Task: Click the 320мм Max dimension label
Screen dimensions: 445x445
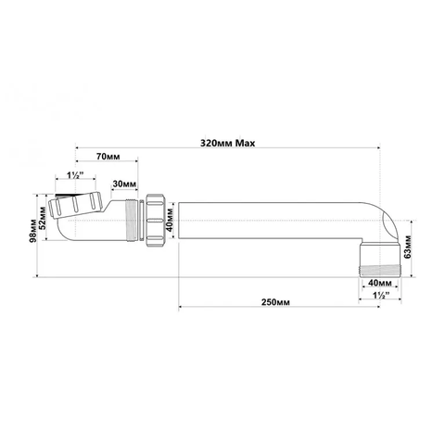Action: tap(228, 144)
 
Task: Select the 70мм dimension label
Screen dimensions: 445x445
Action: tap(108, 157)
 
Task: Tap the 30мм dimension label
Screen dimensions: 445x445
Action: tap(124, 184)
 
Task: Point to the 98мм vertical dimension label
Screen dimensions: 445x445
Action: tap(33, 232)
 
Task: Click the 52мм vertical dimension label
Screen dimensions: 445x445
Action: tap(43, 218)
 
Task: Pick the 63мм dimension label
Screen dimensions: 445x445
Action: tap(408, 247)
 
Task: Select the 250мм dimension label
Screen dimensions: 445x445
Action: tap(275, 302)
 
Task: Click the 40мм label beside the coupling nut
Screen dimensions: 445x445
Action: tap(170, 220)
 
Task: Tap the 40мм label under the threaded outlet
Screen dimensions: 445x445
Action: tap(380, 283)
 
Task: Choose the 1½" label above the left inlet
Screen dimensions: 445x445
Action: tap(76, 175)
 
